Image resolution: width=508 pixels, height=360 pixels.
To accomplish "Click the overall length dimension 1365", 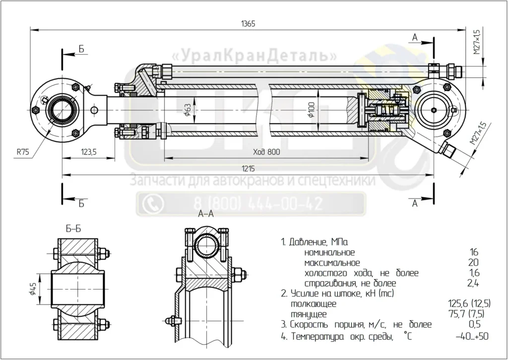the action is click(x=248, y=24).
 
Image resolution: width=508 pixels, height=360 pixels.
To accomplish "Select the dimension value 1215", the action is click(x=248, y=169).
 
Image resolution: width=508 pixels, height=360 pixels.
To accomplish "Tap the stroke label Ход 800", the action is click(x=266, y=152).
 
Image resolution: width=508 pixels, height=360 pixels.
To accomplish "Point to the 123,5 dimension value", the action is click(x=88, y=152).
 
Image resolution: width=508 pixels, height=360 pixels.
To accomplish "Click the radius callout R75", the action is click(x=23, y=152).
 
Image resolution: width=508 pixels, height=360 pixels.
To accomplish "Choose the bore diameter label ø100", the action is click(x=311, y=110).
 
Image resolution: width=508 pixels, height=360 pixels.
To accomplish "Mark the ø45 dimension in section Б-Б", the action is click(x=33, y=288).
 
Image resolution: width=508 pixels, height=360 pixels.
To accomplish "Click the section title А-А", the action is click(x=206, y=214).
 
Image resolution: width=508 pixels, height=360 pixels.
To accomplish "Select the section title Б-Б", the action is click(x=73, y=229).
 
